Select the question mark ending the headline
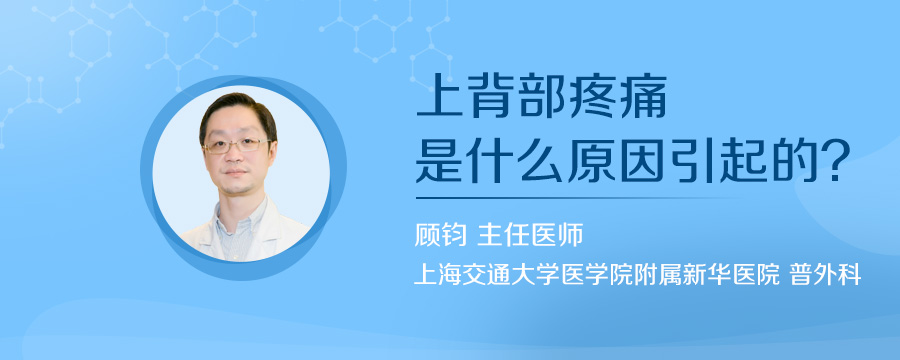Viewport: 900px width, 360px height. pos(839,161)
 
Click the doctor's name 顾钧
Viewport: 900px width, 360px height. pos(441,236)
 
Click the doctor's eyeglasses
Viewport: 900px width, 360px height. pos(236,145)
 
